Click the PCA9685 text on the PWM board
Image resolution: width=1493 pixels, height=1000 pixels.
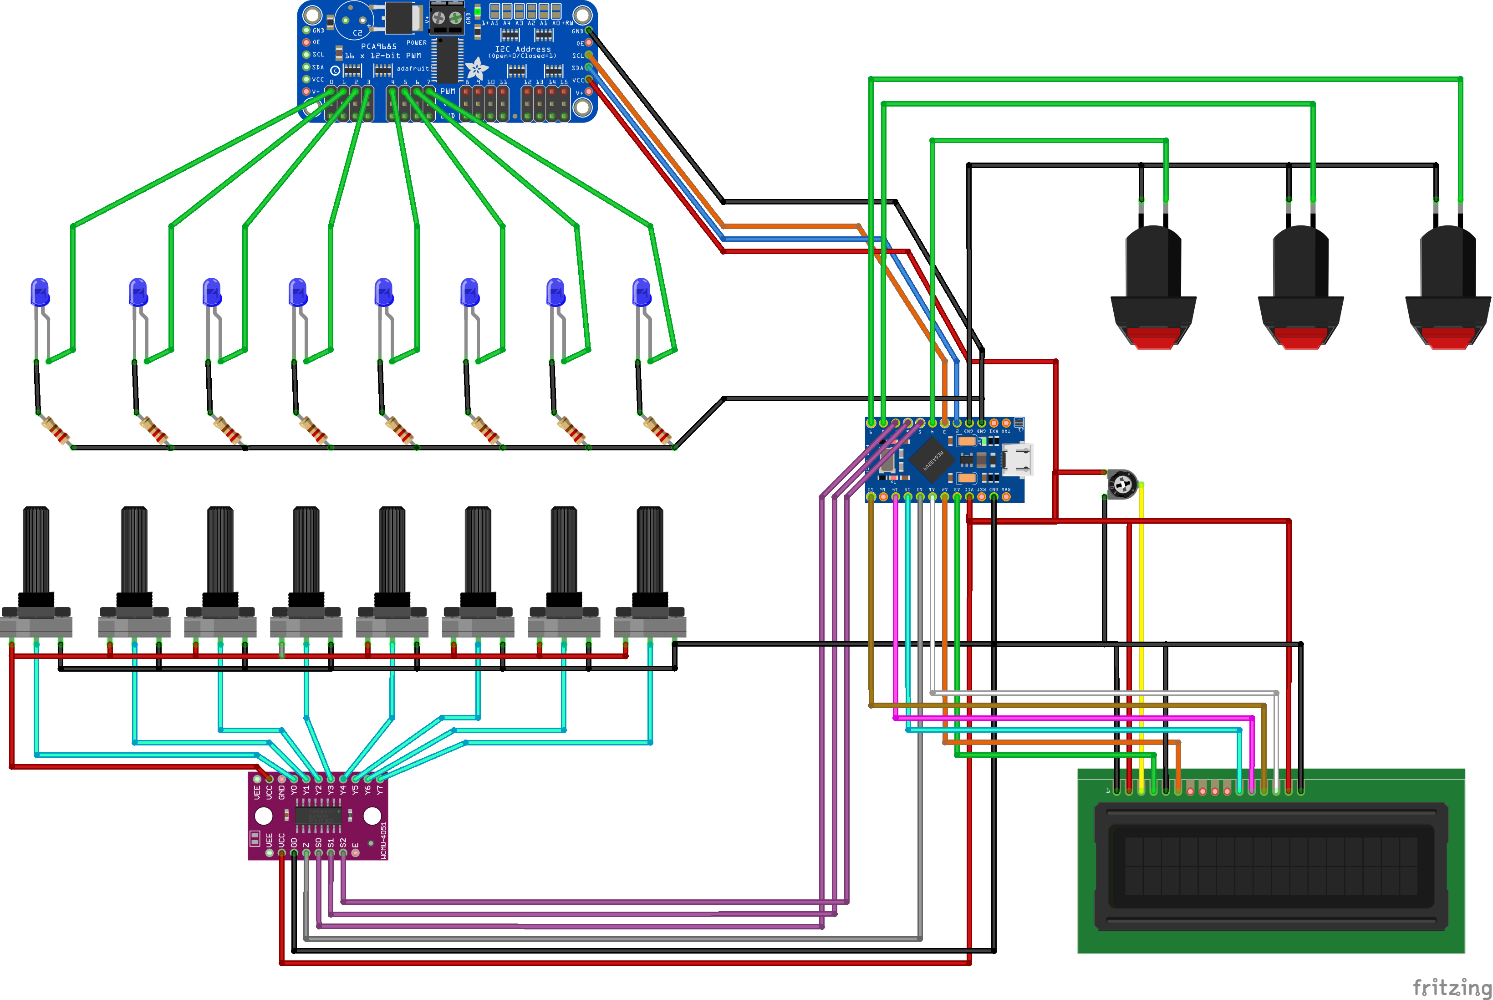coord(379,46)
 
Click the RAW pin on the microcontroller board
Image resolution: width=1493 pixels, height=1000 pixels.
coord(1006,496)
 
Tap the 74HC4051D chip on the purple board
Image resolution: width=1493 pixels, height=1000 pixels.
coord(318,816)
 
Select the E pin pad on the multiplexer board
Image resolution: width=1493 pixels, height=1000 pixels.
coord(355,852)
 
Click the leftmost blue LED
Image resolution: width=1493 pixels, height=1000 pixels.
coord(40,293)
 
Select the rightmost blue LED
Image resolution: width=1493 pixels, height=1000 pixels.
coord(641,293)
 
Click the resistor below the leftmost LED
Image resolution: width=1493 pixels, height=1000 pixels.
coord(56,430)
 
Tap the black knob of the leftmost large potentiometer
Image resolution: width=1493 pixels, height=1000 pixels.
coord(36,551)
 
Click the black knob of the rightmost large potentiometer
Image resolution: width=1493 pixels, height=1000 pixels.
coord(650,551)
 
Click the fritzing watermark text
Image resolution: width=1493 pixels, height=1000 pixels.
coord(1452,987)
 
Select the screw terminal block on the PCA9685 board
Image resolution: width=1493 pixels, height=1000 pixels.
coord(447,18)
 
